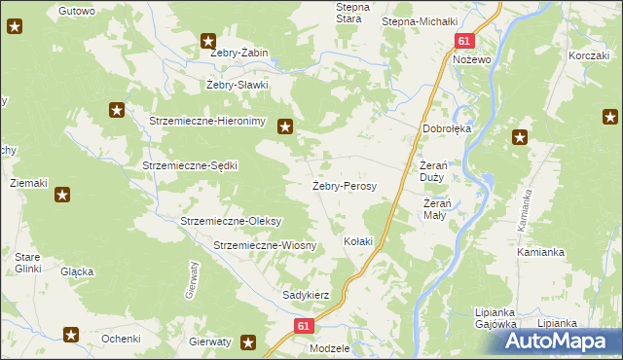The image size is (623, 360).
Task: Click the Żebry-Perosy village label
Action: click(x=344, y=185)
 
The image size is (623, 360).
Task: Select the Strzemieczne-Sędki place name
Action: click(x=190, y=165)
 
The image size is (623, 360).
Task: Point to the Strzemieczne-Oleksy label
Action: click(x=231, y=221)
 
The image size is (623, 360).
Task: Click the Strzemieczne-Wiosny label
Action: click(x=265, y=245)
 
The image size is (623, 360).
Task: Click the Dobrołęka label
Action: click(x=447, y=127)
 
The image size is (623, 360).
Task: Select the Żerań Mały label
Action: click(x=434, y=209)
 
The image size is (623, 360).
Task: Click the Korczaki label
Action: click(x=589, y=56)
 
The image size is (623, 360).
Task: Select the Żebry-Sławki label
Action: click(x=237, y=85)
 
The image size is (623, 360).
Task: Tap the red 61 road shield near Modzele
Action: click(x=305, y=327)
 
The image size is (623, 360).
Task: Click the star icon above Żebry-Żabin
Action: click(x=208, y=41)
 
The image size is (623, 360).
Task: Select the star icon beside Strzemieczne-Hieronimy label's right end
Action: click(x=285, y=125)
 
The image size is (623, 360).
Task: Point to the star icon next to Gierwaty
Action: click(x=248, y=342)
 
